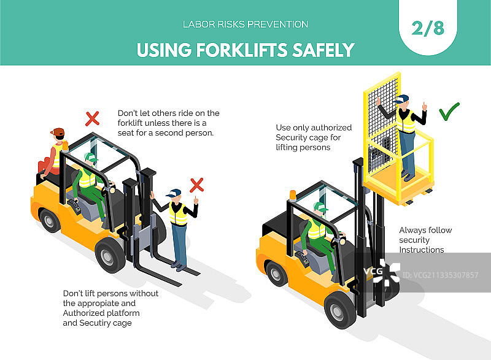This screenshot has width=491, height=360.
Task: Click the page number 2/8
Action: tap(428, 28)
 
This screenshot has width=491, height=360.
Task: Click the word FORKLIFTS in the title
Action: tap(242, 50)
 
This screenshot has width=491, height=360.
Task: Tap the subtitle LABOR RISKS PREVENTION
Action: tap(245, 25)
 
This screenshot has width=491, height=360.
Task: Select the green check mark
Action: tap(449, 112)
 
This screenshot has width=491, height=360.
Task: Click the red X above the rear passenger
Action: tap(93, 118)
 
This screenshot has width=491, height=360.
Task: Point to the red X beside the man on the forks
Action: tap(196, 185)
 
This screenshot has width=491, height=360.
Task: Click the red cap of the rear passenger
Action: tap(58, 132)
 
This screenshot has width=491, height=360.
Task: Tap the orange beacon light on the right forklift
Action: tap(293, 195)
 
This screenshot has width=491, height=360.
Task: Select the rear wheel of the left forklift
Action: tap(50, 221)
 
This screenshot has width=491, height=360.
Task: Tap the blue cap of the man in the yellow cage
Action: tap(401, 99)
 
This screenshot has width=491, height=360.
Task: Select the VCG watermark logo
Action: tap(382, 272)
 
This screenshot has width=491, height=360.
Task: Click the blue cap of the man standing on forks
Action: tap(174, 193)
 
